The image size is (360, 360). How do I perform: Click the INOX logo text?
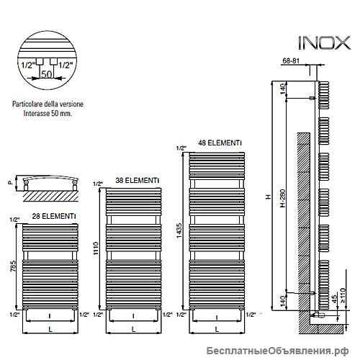coord(324,43)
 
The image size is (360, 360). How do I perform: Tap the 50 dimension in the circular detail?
coord(47,74)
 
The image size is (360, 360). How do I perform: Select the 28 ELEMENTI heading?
coord(54,216)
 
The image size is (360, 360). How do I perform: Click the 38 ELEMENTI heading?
coord(138,180)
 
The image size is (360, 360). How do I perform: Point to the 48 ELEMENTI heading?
coord(220,143)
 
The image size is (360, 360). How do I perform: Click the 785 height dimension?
coord(13,266)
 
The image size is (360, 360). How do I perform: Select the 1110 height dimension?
coord(96,248)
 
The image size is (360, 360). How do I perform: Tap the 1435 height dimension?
coord(179,230)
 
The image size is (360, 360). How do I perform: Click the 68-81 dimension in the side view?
coord(291,60)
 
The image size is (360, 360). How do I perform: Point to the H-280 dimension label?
coord(283,198)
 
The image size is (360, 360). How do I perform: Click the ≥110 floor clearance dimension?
coord(343,295)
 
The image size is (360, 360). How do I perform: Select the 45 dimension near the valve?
coord(334,298)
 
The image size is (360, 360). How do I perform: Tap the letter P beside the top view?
coord(10,183)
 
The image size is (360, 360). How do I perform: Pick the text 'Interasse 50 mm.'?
coord(48,113)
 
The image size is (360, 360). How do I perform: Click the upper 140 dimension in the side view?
coord(283,89)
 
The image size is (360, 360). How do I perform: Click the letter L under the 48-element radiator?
coord(217,329)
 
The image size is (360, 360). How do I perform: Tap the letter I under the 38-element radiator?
coord(133,317)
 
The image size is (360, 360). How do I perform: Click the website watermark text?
coord(277,351)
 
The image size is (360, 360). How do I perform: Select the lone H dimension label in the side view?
coord(269,197)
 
